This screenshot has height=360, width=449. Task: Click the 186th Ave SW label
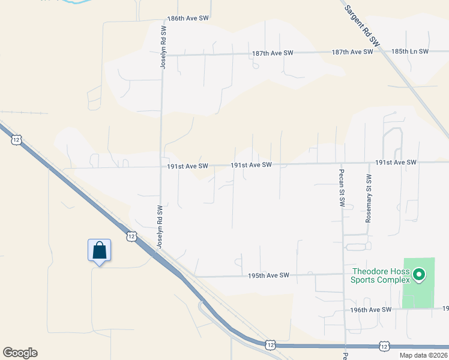pos(188,19)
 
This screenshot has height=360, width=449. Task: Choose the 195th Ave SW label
pos(268,275)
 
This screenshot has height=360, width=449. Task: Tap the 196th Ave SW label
pos(371,310)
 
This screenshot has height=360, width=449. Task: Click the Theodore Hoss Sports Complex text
pos(381,275)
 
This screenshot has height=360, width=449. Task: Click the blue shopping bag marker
pos(99,251)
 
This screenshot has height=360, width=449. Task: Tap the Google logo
pos(20,353)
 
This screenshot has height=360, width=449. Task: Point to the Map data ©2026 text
pos(423,355)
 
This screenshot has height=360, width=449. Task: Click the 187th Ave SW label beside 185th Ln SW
pos(352,52)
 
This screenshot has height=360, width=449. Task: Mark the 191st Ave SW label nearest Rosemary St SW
pos(396,163)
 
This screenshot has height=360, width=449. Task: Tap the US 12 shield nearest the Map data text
pos(385,346)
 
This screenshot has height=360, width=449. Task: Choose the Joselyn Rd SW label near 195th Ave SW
pos(160,227)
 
